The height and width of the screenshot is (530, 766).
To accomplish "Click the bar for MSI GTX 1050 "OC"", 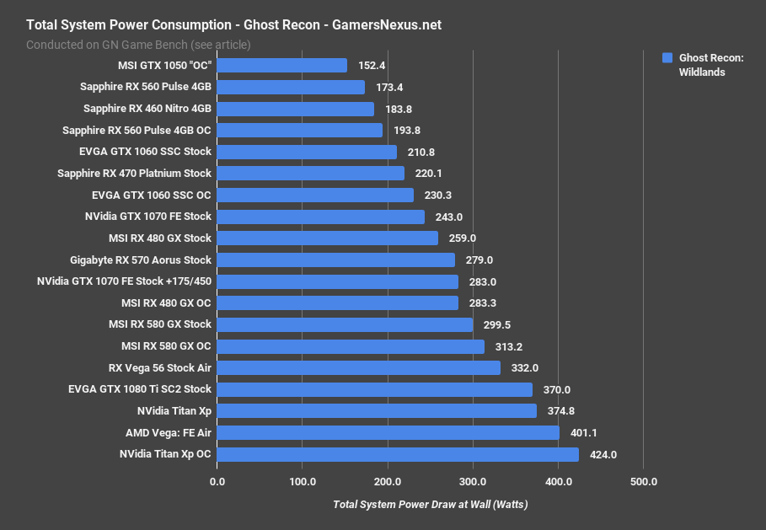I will [x=282, y=66].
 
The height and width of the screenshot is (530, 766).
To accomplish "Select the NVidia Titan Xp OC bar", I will [x=398, y=454].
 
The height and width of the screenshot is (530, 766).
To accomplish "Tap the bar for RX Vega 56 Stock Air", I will [x=359, y=368].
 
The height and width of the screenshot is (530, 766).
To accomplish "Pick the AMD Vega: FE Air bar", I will [x=388, y=432].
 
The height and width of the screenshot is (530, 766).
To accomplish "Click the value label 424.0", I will [x=603, y=455].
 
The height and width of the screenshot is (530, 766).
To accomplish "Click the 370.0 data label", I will [x=557, y=390].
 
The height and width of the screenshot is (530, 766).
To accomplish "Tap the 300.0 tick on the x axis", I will [x=473, y=482].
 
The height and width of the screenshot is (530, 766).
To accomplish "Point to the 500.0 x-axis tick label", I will [x=643, y=482].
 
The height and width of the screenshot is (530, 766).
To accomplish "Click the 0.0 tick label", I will [x=217, y=482].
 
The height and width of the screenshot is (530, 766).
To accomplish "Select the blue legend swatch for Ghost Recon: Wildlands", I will [x=667, y=58].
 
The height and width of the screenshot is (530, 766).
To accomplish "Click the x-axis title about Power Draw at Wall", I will [x=431, y=505].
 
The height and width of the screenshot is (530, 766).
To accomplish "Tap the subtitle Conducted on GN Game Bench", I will [x=138, y=45].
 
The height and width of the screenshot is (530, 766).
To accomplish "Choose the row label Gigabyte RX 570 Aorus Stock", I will [x=141, y=260].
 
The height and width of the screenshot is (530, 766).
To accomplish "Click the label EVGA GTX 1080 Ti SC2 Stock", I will [x=140, y=389].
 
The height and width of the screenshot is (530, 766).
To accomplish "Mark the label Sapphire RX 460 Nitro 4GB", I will [x=147, y=109].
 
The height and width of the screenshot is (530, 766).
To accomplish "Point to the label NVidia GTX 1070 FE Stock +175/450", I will [x=125, y=281].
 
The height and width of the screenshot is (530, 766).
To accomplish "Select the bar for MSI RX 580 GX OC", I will [x=351, y=346].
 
